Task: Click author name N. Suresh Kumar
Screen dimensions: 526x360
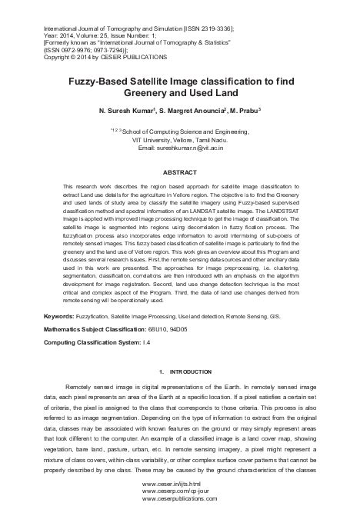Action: [x=132, y=112]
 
